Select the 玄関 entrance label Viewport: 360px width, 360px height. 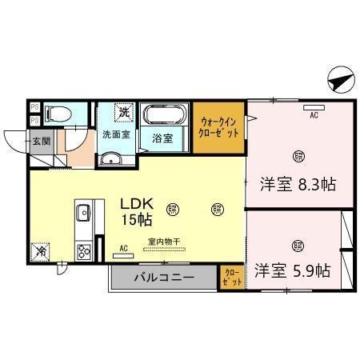[40, 142]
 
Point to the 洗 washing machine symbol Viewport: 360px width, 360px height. [125, 111]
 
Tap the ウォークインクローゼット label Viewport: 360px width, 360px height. [218, 126]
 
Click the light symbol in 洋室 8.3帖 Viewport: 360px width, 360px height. [298, 155]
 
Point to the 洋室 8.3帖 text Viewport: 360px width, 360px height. [298, 184]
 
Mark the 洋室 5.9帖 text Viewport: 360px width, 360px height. [294, 270]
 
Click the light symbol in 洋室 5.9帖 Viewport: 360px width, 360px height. [298, 245]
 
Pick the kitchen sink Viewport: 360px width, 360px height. [82, 213]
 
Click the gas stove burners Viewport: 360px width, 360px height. [82, 250]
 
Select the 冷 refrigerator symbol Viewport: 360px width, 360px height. [41, 250]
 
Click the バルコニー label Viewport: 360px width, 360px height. [163, 278]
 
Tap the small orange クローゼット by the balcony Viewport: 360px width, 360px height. [230, 277]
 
